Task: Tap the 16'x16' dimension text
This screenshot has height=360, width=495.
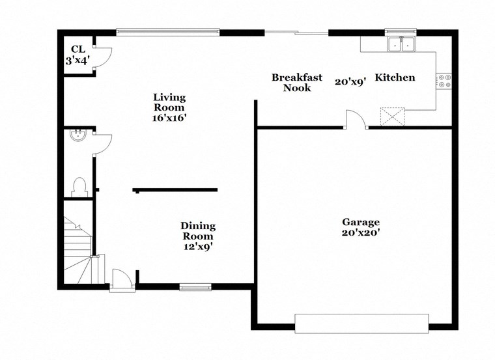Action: point(169,118)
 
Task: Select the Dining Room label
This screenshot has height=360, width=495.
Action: point(198,231)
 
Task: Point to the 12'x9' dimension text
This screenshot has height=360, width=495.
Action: point(198,247)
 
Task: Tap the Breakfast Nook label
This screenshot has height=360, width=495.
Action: point(297,83)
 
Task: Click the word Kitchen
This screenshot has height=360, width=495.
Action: point(395,77)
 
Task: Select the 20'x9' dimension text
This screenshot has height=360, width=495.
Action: point(350,82)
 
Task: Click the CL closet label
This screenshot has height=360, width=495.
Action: point(78,49)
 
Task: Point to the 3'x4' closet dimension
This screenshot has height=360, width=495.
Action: point(78,60)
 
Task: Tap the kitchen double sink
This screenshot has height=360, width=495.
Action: point(401,44)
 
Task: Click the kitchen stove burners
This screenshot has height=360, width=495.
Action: point(444,81)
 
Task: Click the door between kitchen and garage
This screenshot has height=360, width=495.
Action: point(356,120)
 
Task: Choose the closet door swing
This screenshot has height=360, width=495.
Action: point(104,58)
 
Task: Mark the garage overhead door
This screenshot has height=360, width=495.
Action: point(361,324)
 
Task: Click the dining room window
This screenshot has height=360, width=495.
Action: point(195,286)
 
